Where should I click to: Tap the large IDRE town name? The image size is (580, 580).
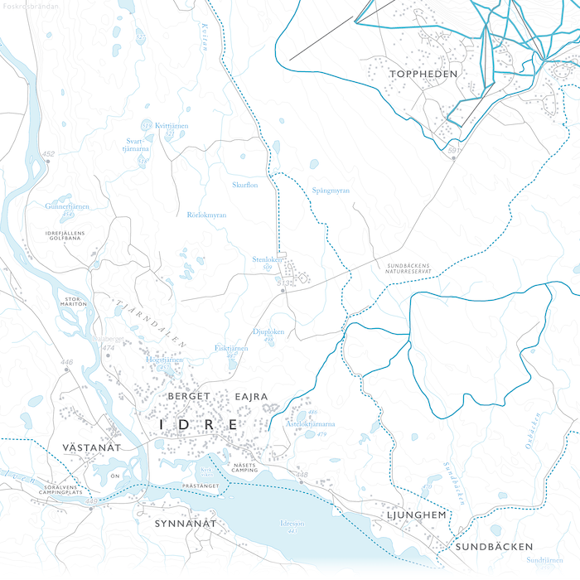[x=199, y=425]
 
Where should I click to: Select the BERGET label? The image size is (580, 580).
[x=189, y=397]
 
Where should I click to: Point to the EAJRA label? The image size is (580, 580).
[x=252, y=397]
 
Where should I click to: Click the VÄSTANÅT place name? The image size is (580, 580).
[x=91, y=447]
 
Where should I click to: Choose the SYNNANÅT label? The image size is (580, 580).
[x=185, y=524]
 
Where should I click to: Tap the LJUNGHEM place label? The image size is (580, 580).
[x=417, y=515]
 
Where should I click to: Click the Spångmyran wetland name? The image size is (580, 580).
[x=331, y=191]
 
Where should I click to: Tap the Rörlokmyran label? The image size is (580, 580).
[x=206, y=215]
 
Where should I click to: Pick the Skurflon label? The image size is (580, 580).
[x=245, y=185]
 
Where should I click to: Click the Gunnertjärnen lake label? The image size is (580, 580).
[x=67, y=206]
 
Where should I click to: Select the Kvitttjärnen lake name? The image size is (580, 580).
[x=172, y=125]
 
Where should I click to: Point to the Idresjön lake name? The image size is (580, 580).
[x=293, y=524]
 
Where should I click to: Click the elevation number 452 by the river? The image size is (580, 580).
[x=48, y=154]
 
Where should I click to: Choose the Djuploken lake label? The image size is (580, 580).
[x=268, y=331]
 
